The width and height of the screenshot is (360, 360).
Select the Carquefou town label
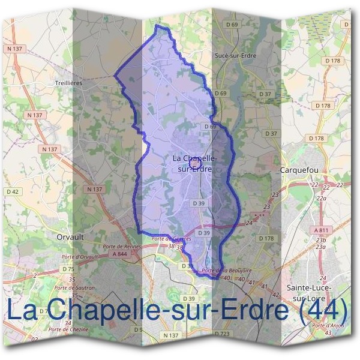pyautogui.click(x=299, y=170)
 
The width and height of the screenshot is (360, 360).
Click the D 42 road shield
pyautogui.click(x=13, y=192)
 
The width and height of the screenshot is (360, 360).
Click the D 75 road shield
pyautogui.click(x=68, y=269)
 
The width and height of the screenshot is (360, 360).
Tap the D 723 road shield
pyautogui.click(x=222, y=334)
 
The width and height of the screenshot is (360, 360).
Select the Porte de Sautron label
pyautogui.click(x=77, y=287)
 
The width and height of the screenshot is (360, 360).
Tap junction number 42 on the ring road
pyautogui.click(x=275, y=295)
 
